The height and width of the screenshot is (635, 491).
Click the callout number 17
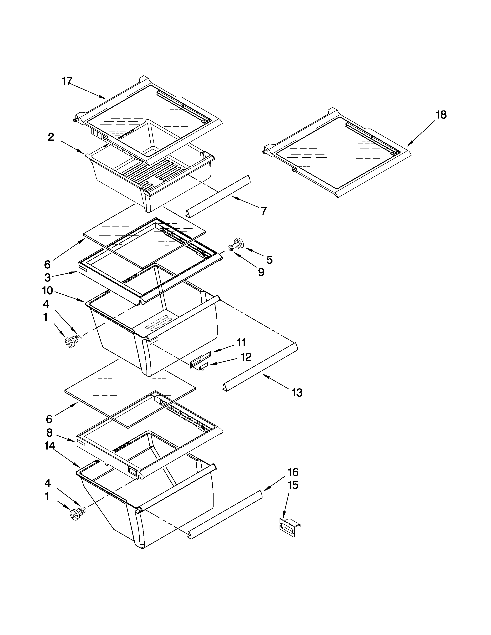67,81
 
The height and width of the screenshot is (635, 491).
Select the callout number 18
441,115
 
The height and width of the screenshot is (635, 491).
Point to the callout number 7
264,211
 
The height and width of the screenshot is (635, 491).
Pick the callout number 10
47,290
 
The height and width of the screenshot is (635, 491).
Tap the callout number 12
246,357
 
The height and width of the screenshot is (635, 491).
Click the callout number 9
261,272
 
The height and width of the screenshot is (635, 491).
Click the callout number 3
48,278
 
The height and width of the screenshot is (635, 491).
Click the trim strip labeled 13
260,367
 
